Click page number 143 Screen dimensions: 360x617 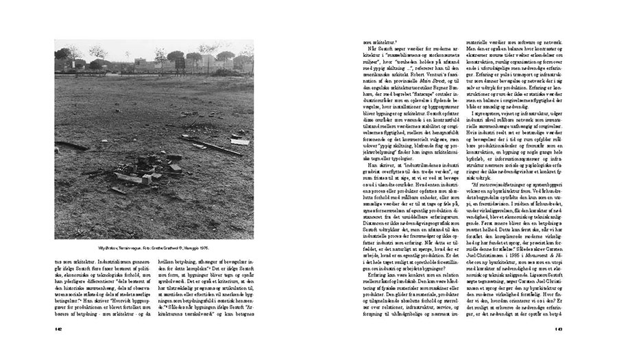(559, 348)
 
